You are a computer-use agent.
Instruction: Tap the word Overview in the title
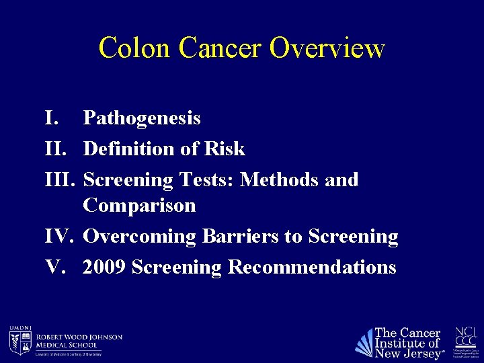[327, 48]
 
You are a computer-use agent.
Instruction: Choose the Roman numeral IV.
[58, 237]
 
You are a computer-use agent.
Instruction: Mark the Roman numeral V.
[54, 267]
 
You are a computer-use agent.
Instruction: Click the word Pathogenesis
[142, 119]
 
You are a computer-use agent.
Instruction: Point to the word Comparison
[139, 205]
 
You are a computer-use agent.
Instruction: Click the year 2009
[105, 267]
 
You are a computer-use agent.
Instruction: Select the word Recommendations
[312, 267]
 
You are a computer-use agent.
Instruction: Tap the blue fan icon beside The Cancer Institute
[364, 342]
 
